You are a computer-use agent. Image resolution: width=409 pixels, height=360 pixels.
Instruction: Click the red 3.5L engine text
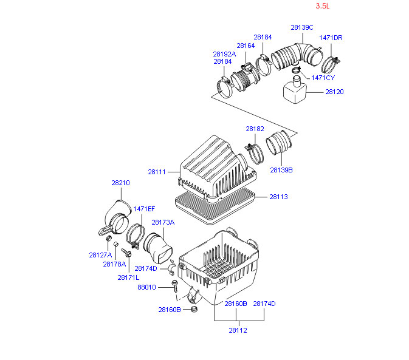(x=323, y=6)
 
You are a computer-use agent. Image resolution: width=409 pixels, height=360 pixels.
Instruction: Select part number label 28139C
(x=302, y=27)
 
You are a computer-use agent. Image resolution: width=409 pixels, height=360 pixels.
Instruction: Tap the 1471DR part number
(x=331, y=38)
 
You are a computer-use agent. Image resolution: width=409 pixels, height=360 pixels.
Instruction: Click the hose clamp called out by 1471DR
(x=329, y=64)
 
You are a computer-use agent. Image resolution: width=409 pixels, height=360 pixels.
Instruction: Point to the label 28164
(x=246, y=46)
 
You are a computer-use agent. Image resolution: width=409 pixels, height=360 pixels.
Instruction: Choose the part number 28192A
(x=224, y=54)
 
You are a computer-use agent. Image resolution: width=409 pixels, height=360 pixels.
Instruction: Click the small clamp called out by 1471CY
(x=296, y=70)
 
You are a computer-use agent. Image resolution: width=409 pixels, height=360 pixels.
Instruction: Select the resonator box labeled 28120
(x=295, y=90)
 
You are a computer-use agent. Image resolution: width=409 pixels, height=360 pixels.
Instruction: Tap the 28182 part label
(x=255, y=129)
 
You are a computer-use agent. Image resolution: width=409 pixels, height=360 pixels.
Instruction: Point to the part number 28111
(x=157, y=172)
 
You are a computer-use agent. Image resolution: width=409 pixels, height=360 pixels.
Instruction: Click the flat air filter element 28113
(x=215, y=206)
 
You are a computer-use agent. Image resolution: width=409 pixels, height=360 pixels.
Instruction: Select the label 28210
(x=120, y=183)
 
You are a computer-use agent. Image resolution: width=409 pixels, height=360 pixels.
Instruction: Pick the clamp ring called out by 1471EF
(x=135, y=236)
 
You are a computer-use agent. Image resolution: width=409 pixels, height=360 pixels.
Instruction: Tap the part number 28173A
(x=163, y=222)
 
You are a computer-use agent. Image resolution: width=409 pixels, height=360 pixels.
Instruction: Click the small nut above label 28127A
(x=109, y=238)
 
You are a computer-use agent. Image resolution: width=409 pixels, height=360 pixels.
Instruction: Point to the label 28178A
(x=114, y=264)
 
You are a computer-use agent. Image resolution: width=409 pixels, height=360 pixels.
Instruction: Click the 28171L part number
(x=128, y=277)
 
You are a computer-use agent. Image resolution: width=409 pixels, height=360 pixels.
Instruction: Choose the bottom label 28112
(x=238, y=330)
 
